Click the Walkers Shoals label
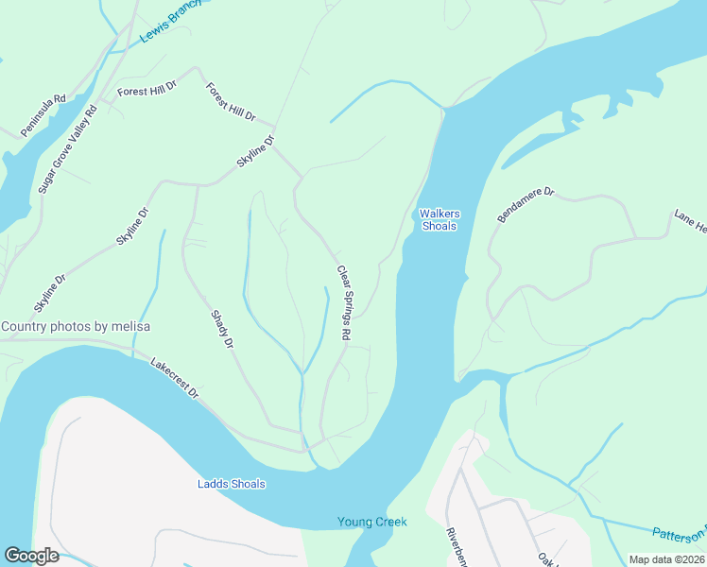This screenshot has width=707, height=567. coord(439,220)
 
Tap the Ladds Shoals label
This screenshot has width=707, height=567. coord(232,485)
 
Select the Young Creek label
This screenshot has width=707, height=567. coord(372,522)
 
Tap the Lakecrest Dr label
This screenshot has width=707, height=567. coord(175,377)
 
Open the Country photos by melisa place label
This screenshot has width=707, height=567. coord(76,327)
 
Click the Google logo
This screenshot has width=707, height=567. coord(31,556)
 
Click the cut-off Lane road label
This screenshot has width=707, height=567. coord(689,221)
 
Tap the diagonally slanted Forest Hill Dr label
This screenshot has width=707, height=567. coord(231,102)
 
